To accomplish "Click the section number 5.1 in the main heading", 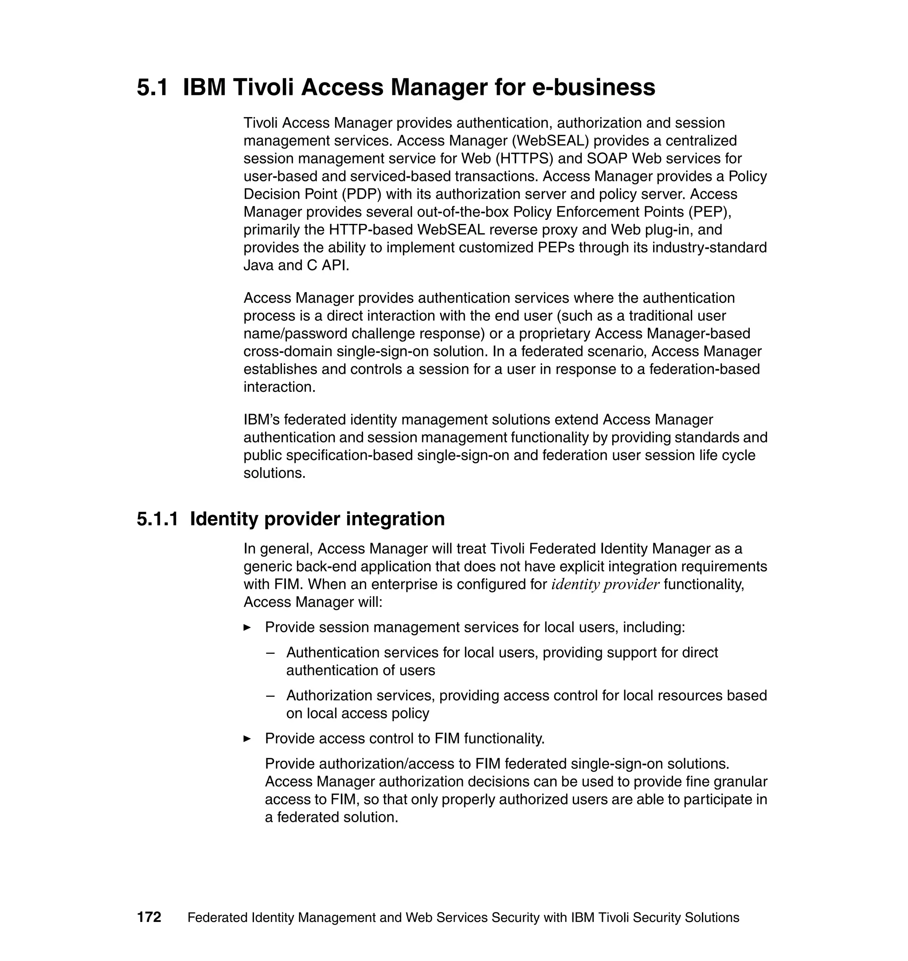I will (x=152, y=88).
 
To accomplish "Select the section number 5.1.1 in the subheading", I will (x=157, y=519).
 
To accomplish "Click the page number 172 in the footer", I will (x=149, y=918).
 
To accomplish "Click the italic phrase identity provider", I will (x=605, y=585).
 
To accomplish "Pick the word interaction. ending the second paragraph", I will (x=279, y=387).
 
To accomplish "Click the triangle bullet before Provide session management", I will (x=247, y=628).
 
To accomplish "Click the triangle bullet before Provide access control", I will (x=247, y=739).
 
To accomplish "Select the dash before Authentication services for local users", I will (x=270, y=653).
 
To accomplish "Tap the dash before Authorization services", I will (x=270, y=696).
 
